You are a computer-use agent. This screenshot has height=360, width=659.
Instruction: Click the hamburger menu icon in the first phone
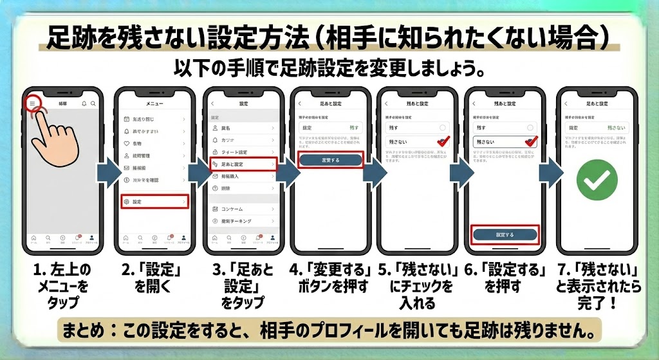[32, 103]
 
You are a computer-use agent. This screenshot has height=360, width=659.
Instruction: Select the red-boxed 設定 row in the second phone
[154, 202]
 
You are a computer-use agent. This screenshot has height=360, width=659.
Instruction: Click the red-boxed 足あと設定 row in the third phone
[243, 165]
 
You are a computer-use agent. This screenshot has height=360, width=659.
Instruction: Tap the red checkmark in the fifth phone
[442, 142]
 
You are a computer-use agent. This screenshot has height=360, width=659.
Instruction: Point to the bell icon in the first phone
[84, 103]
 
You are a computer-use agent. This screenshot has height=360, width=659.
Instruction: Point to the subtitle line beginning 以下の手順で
[329, 68]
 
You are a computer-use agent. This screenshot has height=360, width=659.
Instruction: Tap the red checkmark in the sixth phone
[531, 142]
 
